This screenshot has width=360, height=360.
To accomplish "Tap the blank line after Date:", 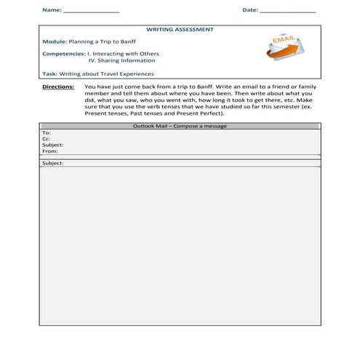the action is (x=288, y=12).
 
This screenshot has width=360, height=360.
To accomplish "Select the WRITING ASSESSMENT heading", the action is (x=180, y=30).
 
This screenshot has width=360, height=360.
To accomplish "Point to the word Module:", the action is (x=55, y=41).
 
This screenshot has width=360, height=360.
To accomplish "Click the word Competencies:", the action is (x=63, y=53).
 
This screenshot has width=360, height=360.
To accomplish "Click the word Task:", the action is (x=49, y=73).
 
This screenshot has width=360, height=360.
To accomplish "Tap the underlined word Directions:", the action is (x=59, y=86).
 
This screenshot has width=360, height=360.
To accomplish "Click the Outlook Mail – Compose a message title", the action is (x=180, y=126).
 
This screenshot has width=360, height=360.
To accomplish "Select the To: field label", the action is (x=47, y=133).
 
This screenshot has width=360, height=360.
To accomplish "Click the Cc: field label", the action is (x=47, y=139).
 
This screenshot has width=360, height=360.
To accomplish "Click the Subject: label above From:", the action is (x=53, y=145).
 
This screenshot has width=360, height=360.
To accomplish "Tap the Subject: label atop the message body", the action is (x=53, y=163).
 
